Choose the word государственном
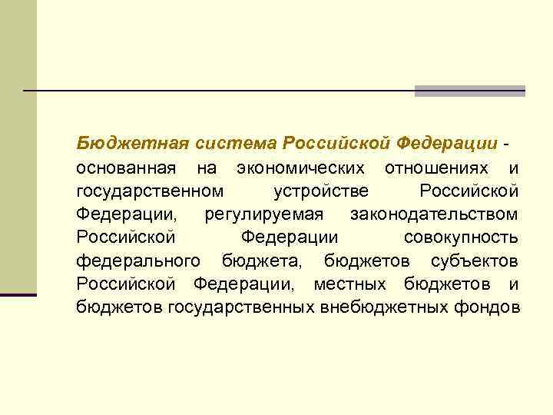pos(151,191)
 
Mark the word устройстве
pos(320,191)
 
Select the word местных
pos(353,284)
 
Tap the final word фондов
pos(495,308)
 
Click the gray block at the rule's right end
pos(469,91)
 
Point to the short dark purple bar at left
pos(18,294)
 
